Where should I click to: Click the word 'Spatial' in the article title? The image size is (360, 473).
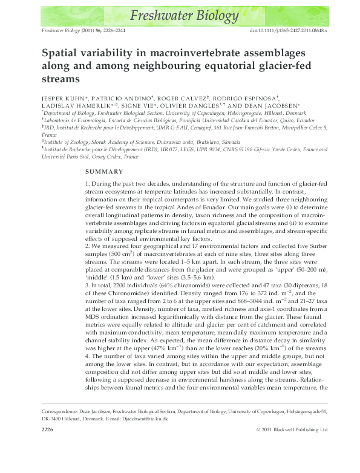pos(63,53)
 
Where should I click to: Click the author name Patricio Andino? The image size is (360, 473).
pos(122,97)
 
